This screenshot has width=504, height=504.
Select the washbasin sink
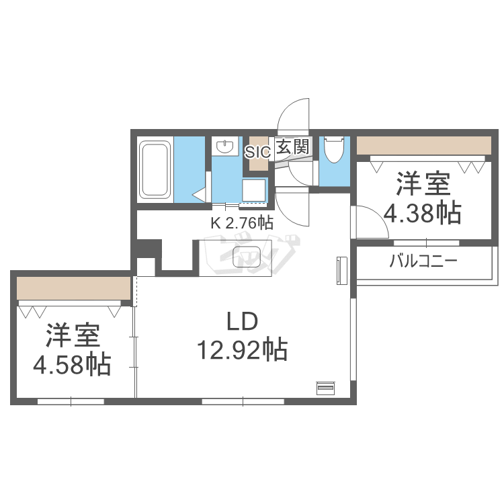pos(224,146)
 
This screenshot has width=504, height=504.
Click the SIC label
pos(257,152)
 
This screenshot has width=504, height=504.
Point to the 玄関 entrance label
pos(294,147)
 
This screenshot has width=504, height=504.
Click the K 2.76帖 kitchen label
pos(242,223)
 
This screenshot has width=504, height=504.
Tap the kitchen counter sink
pos(246,256)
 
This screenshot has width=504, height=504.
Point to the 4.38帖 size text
pos(422,213)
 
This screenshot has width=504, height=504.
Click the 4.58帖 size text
pos(73,364)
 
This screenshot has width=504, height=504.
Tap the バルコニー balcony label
pos(423,261)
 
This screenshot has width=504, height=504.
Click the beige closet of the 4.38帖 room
pos(423,145)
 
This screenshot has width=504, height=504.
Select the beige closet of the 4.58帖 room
pos(73,288)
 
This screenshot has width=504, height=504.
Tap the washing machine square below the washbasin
pos(255,192)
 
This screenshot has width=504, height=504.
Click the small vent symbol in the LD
pos(325,388)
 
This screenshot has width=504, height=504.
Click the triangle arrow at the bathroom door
pos(200,195)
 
